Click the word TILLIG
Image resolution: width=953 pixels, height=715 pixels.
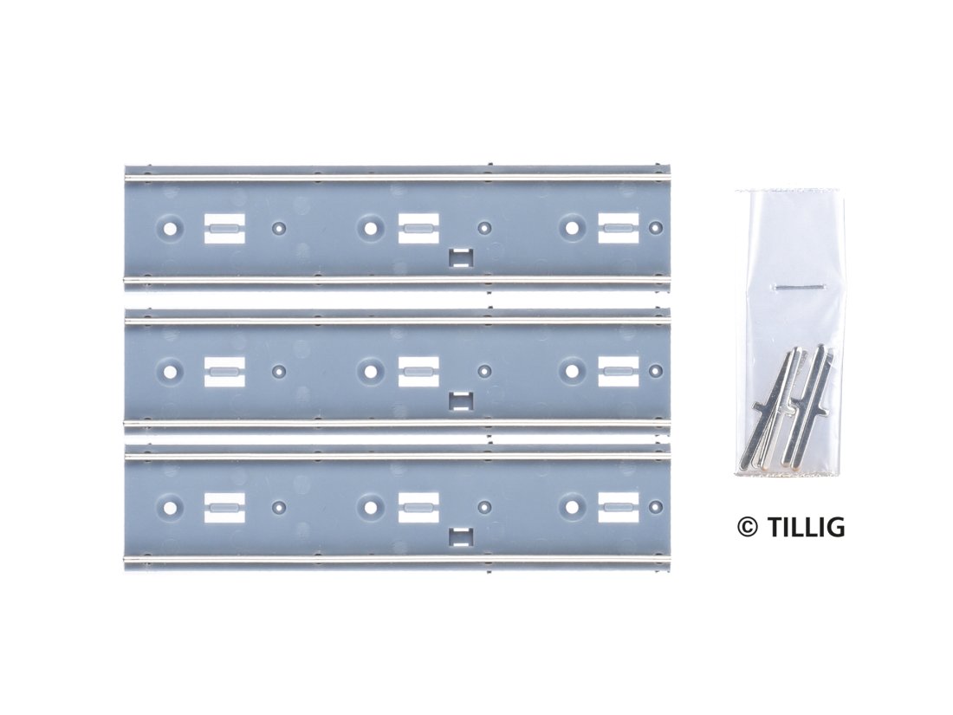[806, 527]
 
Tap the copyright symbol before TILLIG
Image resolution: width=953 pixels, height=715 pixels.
[748, 527]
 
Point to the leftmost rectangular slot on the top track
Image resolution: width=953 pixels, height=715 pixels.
[224, 229]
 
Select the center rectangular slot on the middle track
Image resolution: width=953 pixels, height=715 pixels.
[418, 372]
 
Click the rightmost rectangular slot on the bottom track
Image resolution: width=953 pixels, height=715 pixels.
[619, 507]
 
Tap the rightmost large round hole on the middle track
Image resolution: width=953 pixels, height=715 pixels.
[571, 371]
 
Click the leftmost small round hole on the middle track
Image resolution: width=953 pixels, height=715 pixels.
[279, 371]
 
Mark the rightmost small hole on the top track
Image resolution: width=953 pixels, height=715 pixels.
[656, 229]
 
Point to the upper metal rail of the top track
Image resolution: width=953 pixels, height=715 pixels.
[398, 177]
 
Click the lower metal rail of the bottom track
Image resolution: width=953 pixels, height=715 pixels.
[398, 559]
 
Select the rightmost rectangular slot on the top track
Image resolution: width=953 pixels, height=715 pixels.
[619, 229]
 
